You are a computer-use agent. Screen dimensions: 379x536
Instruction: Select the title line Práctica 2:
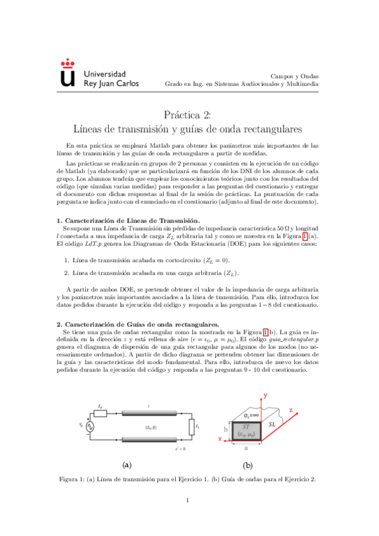(x=189, y=114)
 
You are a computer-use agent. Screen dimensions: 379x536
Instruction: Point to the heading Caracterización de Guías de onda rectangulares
(x=137, y=324)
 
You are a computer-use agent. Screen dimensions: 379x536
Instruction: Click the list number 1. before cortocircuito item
(x=66, y=260)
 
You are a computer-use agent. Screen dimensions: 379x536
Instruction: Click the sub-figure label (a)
(x=127, y=465)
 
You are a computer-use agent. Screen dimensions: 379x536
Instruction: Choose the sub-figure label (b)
(x=247, y=465)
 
